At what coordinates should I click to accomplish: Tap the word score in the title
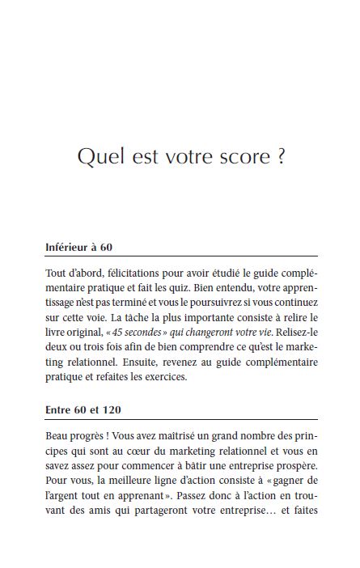(x=242, y=156)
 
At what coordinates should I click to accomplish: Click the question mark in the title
(x=280, y=156)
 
